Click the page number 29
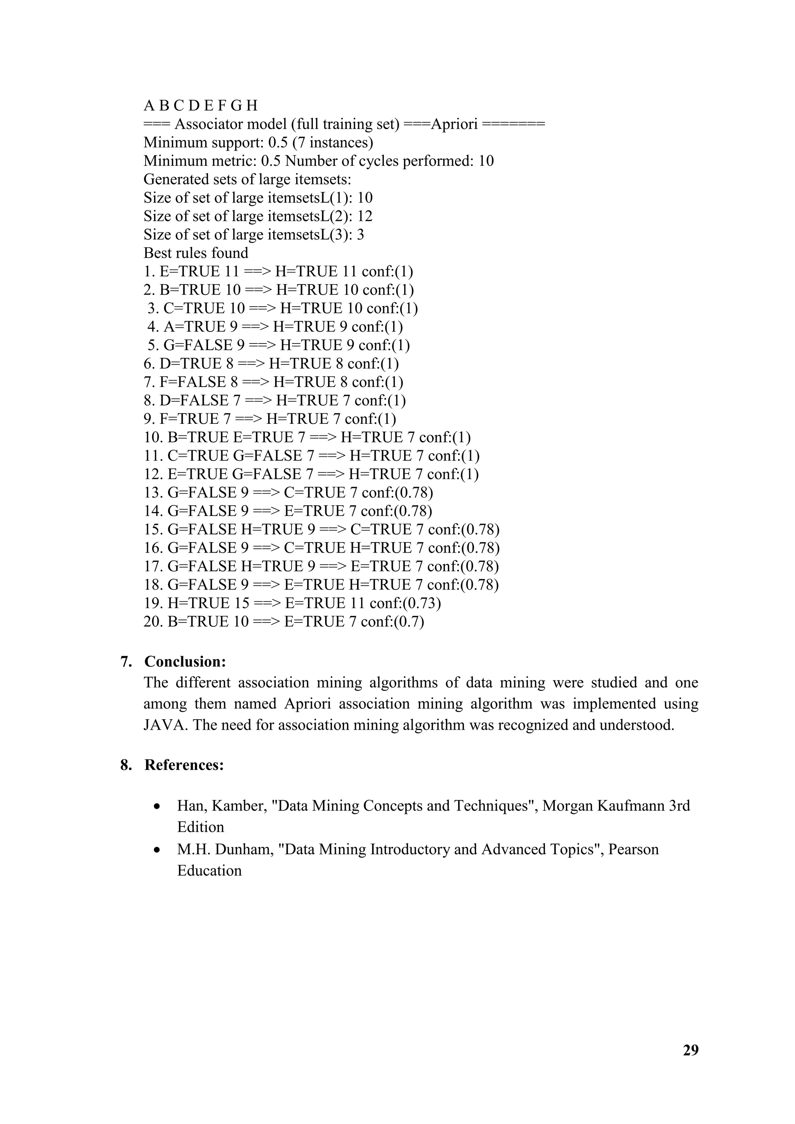point(690,1050)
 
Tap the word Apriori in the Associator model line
point(454,124)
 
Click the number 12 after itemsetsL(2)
point(365,217)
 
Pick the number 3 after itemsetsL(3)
point(360,235)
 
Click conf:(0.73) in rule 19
point(405,603)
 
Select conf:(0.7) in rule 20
point(392,622)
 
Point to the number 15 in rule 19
point(240,603)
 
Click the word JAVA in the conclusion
point(165,725)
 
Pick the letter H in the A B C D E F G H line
point(252,106)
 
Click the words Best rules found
point(196,253)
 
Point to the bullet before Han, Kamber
point(157,806)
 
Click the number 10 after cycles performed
point(486,161)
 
